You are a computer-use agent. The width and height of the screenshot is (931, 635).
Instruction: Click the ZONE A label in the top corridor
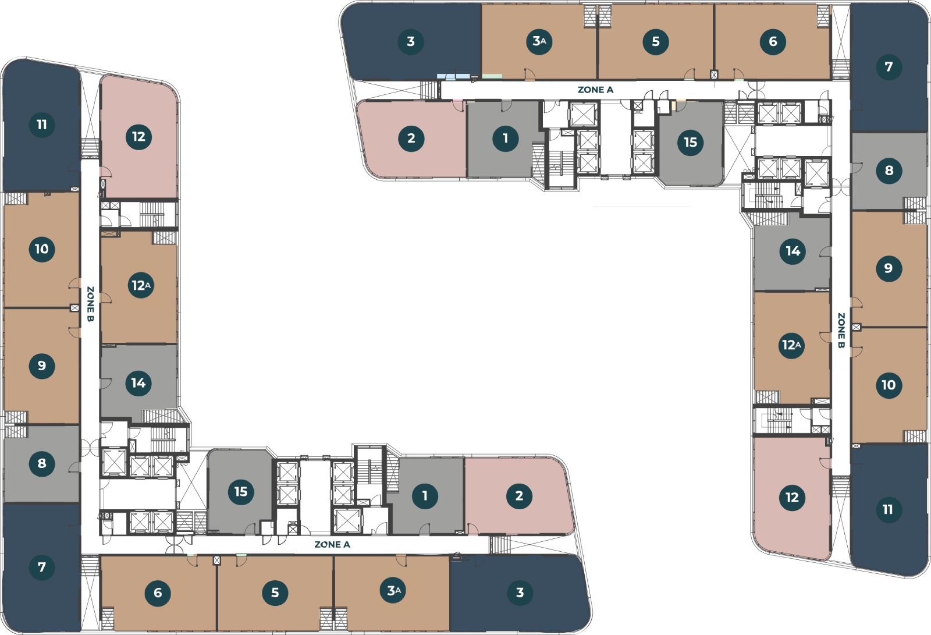click(x=595, y=90)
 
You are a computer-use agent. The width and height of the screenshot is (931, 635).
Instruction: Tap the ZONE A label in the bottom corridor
click(x=332, y=545)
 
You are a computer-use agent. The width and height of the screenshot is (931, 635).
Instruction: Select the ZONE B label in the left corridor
click(x=90, y=304)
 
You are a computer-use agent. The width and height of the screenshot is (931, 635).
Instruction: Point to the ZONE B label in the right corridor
click(x=841, y=331)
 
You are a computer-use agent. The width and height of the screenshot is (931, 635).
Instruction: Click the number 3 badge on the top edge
click(x=411, y=41)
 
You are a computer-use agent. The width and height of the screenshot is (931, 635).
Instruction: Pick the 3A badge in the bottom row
click(x=393, y=591)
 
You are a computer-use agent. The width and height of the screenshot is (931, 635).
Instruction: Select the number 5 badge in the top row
click(x=656, y=41)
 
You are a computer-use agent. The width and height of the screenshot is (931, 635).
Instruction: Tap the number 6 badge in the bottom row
click(x=158, y=593)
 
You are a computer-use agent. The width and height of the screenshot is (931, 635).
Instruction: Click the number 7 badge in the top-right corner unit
click(x=889, y=66)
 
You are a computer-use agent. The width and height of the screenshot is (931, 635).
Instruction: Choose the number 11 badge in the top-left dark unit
click(x=42, y=125)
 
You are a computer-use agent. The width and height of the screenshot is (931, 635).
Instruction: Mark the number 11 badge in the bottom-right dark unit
click(x=888, y=510)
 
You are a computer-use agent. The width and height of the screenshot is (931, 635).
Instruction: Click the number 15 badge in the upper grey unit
click(x=691, y=142)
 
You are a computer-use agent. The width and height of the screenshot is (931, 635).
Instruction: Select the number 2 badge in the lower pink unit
click(x=519, y=496)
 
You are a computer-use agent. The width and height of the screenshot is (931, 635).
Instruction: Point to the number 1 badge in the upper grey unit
click(x=505, y=139)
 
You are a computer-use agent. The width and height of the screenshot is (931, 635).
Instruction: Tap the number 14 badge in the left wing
click(x=138, y=383)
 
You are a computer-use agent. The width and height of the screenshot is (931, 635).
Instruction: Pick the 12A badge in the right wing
click(x=791, y=345)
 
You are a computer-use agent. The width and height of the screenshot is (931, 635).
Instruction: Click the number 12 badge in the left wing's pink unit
click(x=138, y=137)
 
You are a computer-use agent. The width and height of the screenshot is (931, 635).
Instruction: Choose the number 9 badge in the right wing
click(x=889, y=268)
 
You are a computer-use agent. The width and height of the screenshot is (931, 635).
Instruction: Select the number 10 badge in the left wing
click(x=42, y=249)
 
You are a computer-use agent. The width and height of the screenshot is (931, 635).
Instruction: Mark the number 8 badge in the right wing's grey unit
click(x=889, y=171)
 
